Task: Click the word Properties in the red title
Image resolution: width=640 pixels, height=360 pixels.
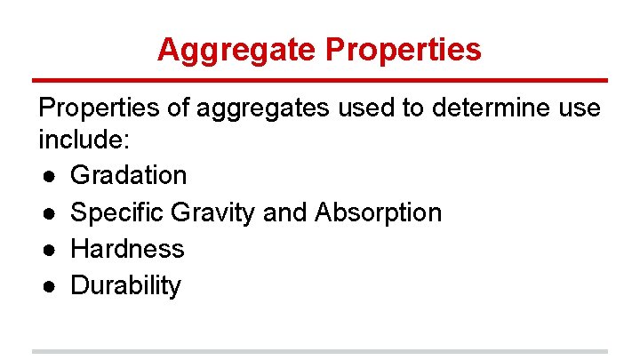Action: tap(404, 49)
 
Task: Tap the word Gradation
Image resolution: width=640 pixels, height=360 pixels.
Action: tap(128, 175)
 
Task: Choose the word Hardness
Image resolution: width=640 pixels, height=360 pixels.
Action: tap(127, 249)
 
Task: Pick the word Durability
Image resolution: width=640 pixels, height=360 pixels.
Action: tap(125, 286)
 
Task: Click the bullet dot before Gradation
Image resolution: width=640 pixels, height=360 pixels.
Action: tap(47, 176)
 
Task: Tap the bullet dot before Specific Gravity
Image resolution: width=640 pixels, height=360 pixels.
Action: tap(47, 213)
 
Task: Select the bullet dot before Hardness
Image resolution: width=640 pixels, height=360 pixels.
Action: tap(47, 250)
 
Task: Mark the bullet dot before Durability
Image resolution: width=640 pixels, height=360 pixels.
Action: tap(47, 287)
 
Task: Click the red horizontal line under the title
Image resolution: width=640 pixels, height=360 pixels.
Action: tap(320, 80)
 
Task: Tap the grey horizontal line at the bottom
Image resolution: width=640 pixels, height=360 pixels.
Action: tap(320, 351)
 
